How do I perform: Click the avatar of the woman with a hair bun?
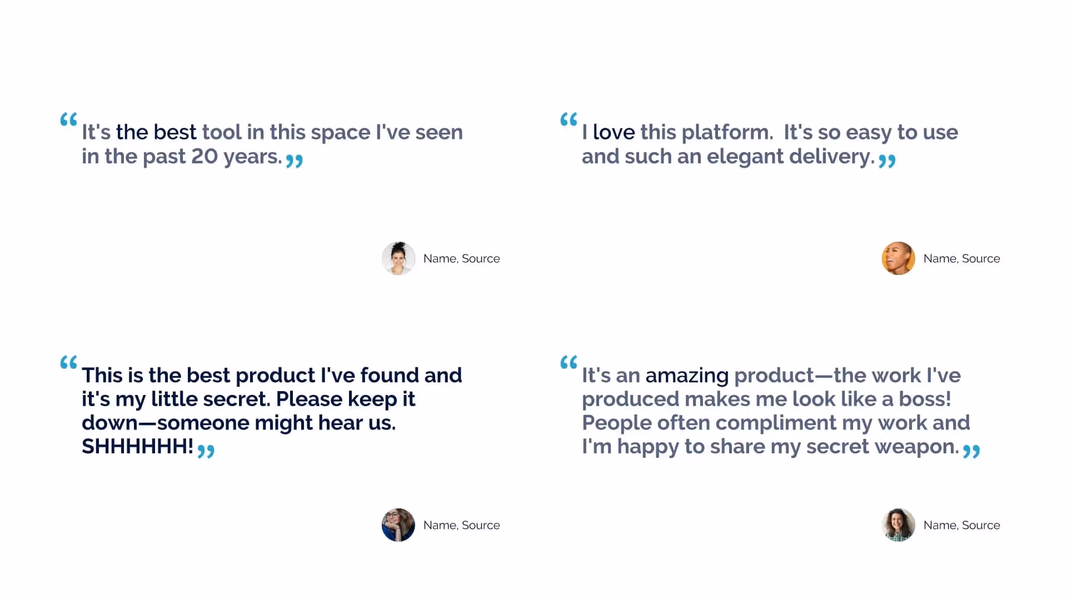click(398, 258)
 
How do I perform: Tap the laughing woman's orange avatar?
click(898, 258)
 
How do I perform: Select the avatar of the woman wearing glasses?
click(398, 525)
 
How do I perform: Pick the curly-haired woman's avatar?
click(898, 525)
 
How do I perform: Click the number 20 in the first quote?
click(205, 157)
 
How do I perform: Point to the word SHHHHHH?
click(137, 447)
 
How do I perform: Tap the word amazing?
click(687, 376)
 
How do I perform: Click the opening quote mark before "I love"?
click(569, 119)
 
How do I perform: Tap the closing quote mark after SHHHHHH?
click(206, 451)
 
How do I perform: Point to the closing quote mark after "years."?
click(294, 161)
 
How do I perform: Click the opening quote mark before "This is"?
click(68, 363)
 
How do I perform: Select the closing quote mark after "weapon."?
click(971, 451)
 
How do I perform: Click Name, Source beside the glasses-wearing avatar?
click(461, 526)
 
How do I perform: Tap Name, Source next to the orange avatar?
click(961, 259)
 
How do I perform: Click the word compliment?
click(775, 423)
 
